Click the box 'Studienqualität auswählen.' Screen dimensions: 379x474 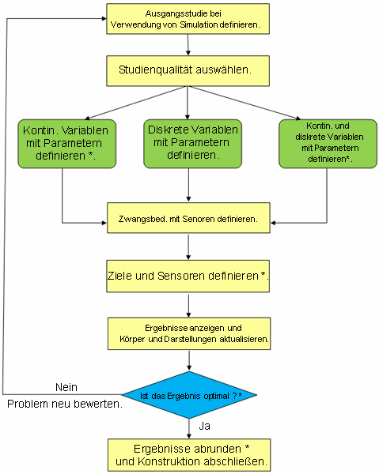[x=188, y=71]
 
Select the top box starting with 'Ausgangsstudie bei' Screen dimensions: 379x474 [x=188, y=19]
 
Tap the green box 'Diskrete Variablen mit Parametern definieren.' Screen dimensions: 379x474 [x=192, y=144]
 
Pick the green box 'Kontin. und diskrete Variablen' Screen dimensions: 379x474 [x=328, y=144]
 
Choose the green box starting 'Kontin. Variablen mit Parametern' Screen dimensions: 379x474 [x=67, y=144]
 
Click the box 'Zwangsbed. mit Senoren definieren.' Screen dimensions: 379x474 [x=188, y=218]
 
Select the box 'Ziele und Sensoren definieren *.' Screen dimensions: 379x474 [x=188, y=276]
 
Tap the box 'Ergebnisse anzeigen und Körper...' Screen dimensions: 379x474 [x=189, y=333]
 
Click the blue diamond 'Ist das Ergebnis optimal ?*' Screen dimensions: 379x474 [x=189, y=395]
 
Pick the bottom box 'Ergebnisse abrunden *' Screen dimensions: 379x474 [x=189, y=455]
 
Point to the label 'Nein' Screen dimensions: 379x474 [x=66, y=387]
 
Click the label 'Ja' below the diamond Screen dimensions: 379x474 [x=205, y=426]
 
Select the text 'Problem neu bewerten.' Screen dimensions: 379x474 [x=65, y=404]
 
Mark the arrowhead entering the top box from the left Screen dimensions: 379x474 [x=104, y=19]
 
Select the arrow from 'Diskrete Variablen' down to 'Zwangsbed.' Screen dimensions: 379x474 [x=188, y=185]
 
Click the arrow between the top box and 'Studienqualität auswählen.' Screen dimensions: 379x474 [x=188, y=45]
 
